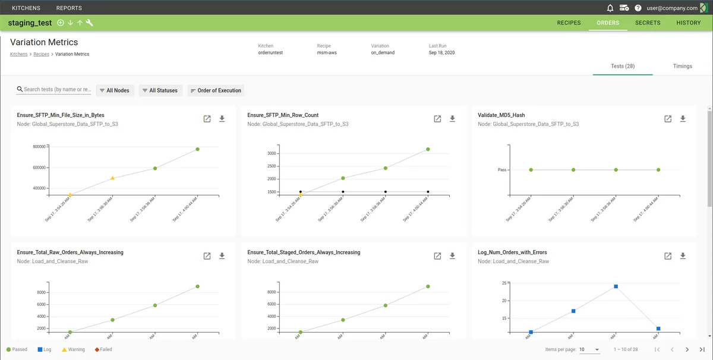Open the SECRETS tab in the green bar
point(648,23)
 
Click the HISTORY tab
point(689,23)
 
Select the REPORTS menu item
point(69,8)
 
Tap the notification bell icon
point(610,8)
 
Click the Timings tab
point(683,66)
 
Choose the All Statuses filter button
point(160,90)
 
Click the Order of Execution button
point(216,90)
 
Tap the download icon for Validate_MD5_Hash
point(683,119)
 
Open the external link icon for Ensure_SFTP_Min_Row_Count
point(437,119)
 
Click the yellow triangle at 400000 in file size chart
point(70,194)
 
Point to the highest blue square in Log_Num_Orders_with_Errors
point(616,286)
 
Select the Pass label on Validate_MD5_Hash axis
point(502,170)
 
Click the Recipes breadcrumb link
point(41,54)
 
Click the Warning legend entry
point(73,349)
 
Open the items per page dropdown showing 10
point(589,349)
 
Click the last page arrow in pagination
point(702,349)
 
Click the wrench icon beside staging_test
point(89,23)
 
